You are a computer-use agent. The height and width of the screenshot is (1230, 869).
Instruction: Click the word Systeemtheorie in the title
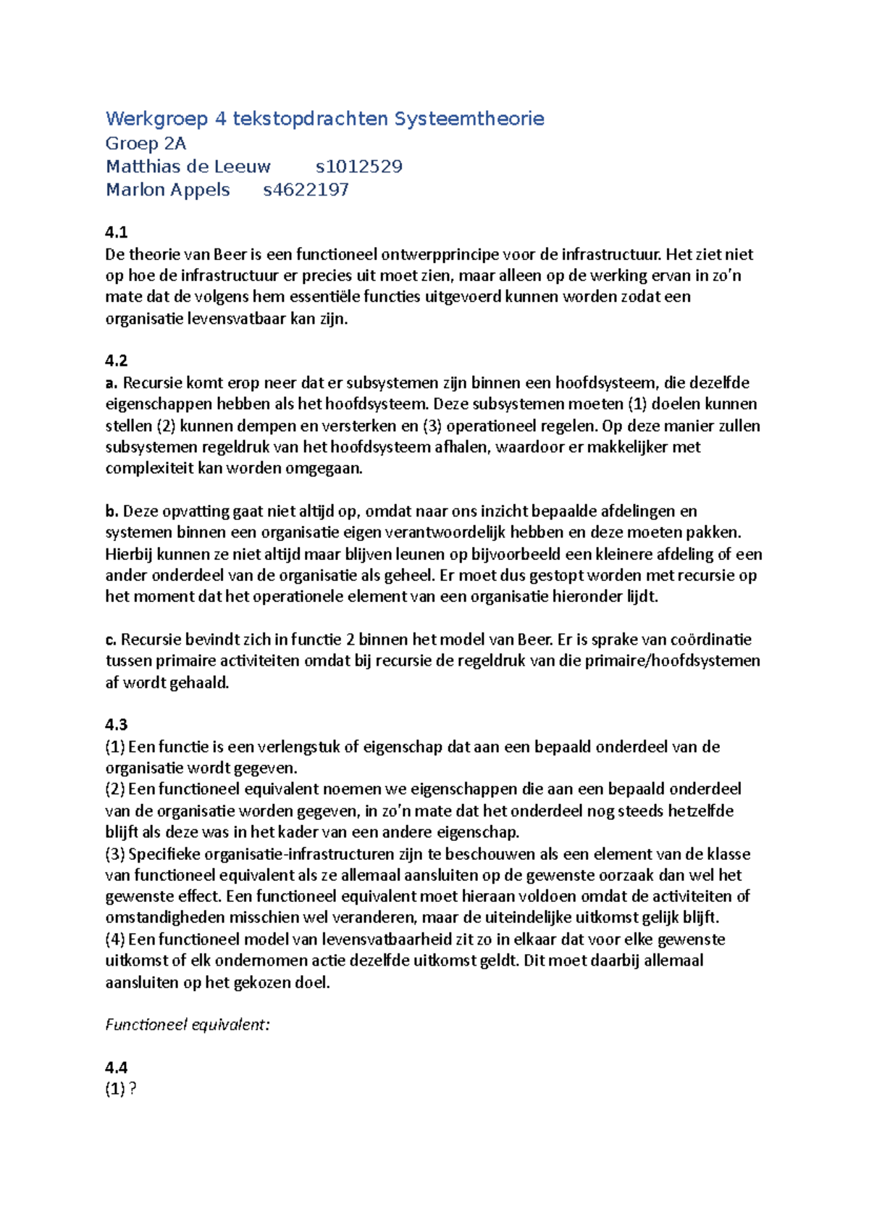click(x=469, y=119)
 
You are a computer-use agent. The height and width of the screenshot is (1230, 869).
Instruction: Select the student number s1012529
click(x=358, y=167)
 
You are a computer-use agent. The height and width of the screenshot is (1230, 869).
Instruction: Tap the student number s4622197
click(x=306, y=190)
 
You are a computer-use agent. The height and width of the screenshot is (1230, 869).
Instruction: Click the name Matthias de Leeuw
click(x=188, y=167)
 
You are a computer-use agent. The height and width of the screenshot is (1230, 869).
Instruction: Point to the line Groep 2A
click(x=146, y=143)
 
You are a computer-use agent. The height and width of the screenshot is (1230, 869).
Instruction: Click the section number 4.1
click(x=116, y=233)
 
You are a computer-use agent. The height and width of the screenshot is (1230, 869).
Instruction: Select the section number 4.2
click(x=116, y=361)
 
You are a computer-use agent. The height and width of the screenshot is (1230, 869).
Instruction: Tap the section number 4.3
click(x=116, y=724)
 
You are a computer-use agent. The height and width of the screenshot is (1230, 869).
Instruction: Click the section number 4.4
click(x=116, y=1067)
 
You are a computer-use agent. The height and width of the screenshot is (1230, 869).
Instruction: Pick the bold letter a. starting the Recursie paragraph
click(x=112, y=382)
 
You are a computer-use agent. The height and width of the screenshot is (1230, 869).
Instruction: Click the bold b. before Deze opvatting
click(x=112, y=511)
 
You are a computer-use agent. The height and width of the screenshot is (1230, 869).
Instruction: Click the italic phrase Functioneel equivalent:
click(x=188, y=1024)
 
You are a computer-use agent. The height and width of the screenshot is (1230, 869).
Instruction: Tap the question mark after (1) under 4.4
click(x=133, y=1089)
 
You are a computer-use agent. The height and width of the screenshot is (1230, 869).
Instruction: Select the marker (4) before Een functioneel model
click(x=115, y=940)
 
